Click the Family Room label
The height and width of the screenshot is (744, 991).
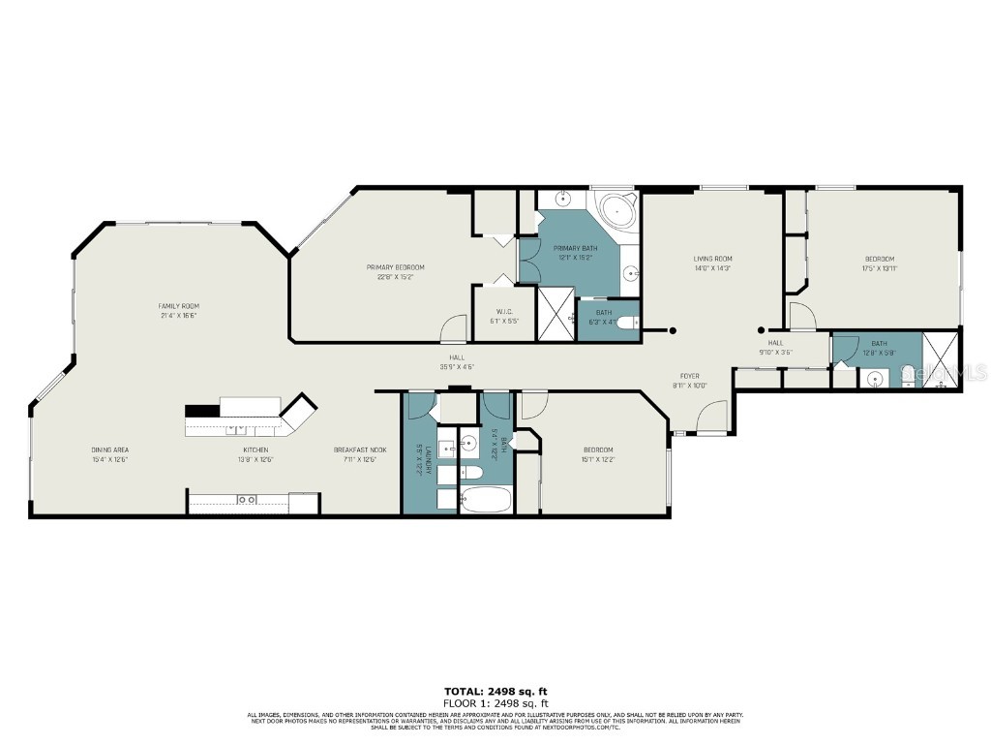click(x=179, y=306)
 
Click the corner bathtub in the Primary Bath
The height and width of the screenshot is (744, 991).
click(x=616, y=209)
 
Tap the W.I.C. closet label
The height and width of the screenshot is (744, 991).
click(x=504, y=311)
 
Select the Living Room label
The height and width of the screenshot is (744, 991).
click(x=712, y=259)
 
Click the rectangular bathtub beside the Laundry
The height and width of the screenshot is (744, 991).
click(x=486, y=501)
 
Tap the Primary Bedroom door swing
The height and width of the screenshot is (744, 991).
click(x=453, y=329)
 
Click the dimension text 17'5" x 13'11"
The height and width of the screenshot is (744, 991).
click(x=879, y=268)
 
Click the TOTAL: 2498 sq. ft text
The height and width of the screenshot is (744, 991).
click(x=495, y=691)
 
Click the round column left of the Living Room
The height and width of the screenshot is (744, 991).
click(x=675, y=331)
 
